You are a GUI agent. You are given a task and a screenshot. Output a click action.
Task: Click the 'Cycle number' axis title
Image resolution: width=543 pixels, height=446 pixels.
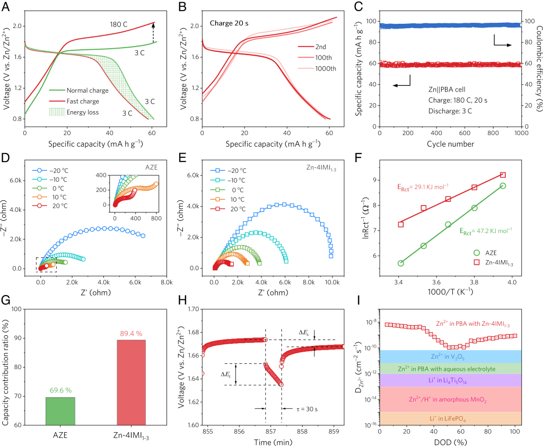450,144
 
